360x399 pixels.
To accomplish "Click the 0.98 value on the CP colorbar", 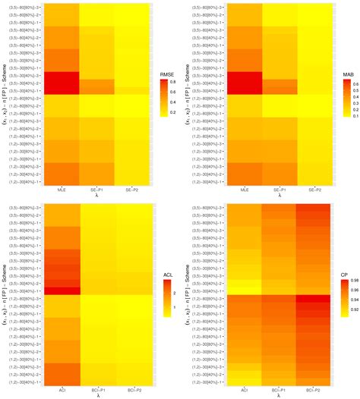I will coord(355,281).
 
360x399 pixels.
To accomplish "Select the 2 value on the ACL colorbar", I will coord(175,292).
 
